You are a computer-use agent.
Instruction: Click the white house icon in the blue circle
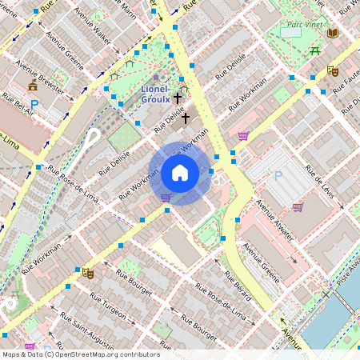pyautogui.click(x=180, y=173)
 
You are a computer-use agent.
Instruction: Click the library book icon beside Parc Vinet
pyautogui.click(x=333, y=33)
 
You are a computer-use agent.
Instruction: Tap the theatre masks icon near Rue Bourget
pyautogui.click(x=89, y=273)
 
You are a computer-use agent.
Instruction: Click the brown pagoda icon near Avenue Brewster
pyautogui.click(x=33, y=85)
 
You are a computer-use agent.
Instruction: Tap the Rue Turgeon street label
pyautogui.click(x=106, y=307)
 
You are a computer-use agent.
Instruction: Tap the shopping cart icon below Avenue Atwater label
pyautogui.click(x=298, y=207)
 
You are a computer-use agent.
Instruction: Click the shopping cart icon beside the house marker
pyautogui.click(x=166, y=197)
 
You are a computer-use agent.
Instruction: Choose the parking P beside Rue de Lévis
pyautogui.click(x=278, y=175)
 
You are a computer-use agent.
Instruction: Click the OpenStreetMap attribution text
pyautogui.click(x=80, y=354)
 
